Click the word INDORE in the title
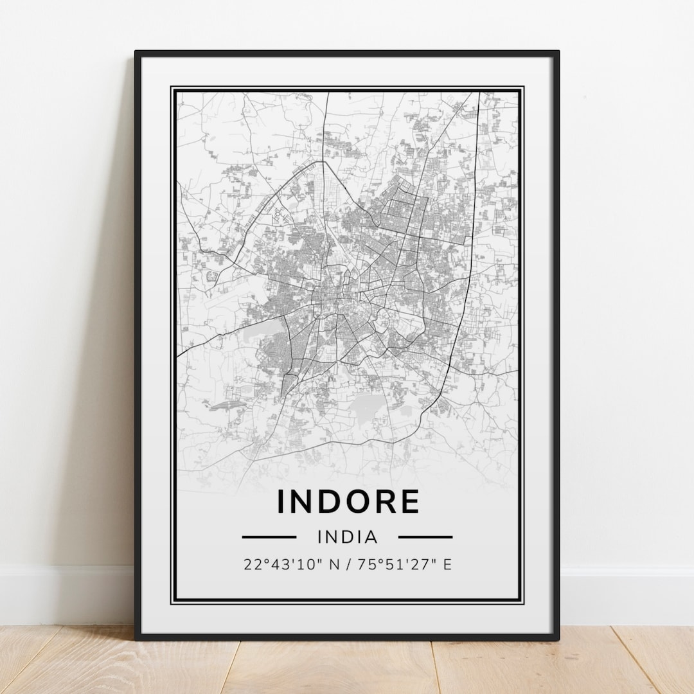pos(348,501)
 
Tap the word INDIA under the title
pos(348,536)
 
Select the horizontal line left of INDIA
pos(269,536)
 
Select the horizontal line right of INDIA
pos(425,536)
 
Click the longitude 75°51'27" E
pos(409,564)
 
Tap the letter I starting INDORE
pos(280,501)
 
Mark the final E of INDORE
pos(409,501)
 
